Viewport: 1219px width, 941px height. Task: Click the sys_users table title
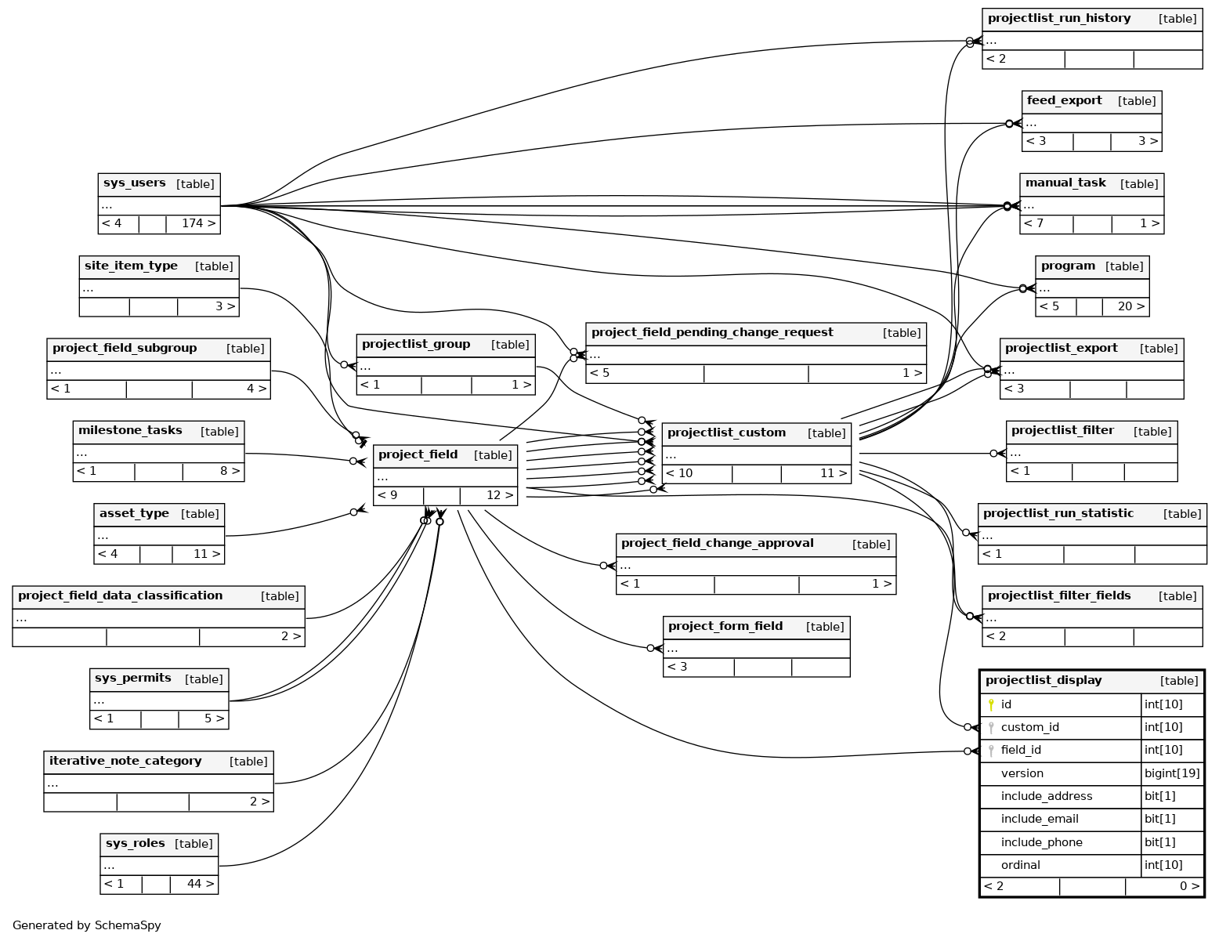pyautogui.click(x=134, y=183)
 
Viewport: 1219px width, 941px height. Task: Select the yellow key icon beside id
pyautogui.click(x=991, y=704)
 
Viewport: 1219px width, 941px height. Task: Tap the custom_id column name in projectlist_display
pyautogui.click(x=1029, y=727)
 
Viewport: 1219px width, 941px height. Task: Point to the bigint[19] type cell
pyautogui.click(x=1171, y=773)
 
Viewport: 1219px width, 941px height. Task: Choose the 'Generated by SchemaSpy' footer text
pyautogui.click(x=87, y=925)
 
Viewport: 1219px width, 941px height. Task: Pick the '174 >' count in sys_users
pyautogui.click(x=198, y=223)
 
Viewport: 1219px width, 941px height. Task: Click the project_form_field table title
pyautogui.click(x=725, y=626)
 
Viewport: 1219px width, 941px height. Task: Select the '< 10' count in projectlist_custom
pyautogui.click(x=679, y=473)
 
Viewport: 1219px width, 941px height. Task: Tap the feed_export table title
pyautogui.click(x=1064, y=100)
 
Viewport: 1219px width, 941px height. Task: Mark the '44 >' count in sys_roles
pyautogui.click(x=200, y=884)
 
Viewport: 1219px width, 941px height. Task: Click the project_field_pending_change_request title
pyautogui.click(x=711, y=332)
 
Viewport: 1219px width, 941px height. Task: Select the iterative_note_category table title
pyautogui.click(x=125, y=761)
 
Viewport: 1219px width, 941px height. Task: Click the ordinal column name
pyautogui.click(x=1020, y=865)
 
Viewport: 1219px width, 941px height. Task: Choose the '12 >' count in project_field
pyautogui.click(x=499, y=495)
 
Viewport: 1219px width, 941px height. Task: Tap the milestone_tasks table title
pyautogui.click(x=130, y=430)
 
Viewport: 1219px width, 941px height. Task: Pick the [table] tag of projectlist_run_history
pyautogui.click(x=1177, y=19)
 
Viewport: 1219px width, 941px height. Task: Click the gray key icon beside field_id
pyautogui.click(x=991, y=751)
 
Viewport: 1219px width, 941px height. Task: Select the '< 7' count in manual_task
pyautogui.click(x=1034, y=223)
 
